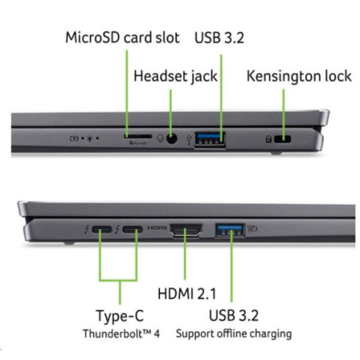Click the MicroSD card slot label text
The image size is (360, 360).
(x=123, y=37)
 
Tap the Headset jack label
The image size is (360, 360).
(x=175, y=76)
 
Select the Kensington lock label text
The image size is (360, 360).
(x=299, y=76)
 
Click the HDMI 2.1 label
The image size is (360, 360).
(x=187, y=294)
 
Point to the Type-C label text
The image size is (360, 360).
(x=119, y=316)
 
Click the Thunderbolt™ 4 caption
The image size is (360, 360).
(x=121, y=334)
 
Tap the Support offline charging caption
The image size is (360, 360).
(x=233, y=334)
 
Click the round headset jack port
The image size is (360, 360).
(x=172, y=139)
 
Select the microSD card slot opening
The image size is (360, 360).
(x=138, y=136)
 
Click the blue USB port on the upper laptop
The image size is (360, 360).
(x=210, y=139)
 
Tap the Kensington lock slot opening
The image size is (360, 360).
(x=283, y=139)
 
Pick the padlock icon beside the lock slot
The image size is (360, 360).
(x=268, y=139)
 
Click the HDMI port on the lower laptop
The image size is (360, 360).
(x=186, y=230)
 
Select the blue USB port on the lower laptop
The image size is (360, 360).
(x=230, y=230)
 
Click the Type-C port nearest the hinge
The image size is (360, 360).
(x=102, y=229)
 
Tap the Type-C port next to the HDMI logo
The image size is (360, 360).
(x=132, y=229)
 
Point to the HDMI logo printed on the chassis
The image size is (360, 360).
(x=157, y=228)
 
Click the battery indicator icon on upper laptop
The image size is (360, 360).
(x=74, y=139)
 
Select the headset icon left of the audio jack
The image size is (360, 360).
(x=160, y=139)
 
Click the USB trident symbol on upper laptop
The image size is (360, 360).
(x=189, y=139)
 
